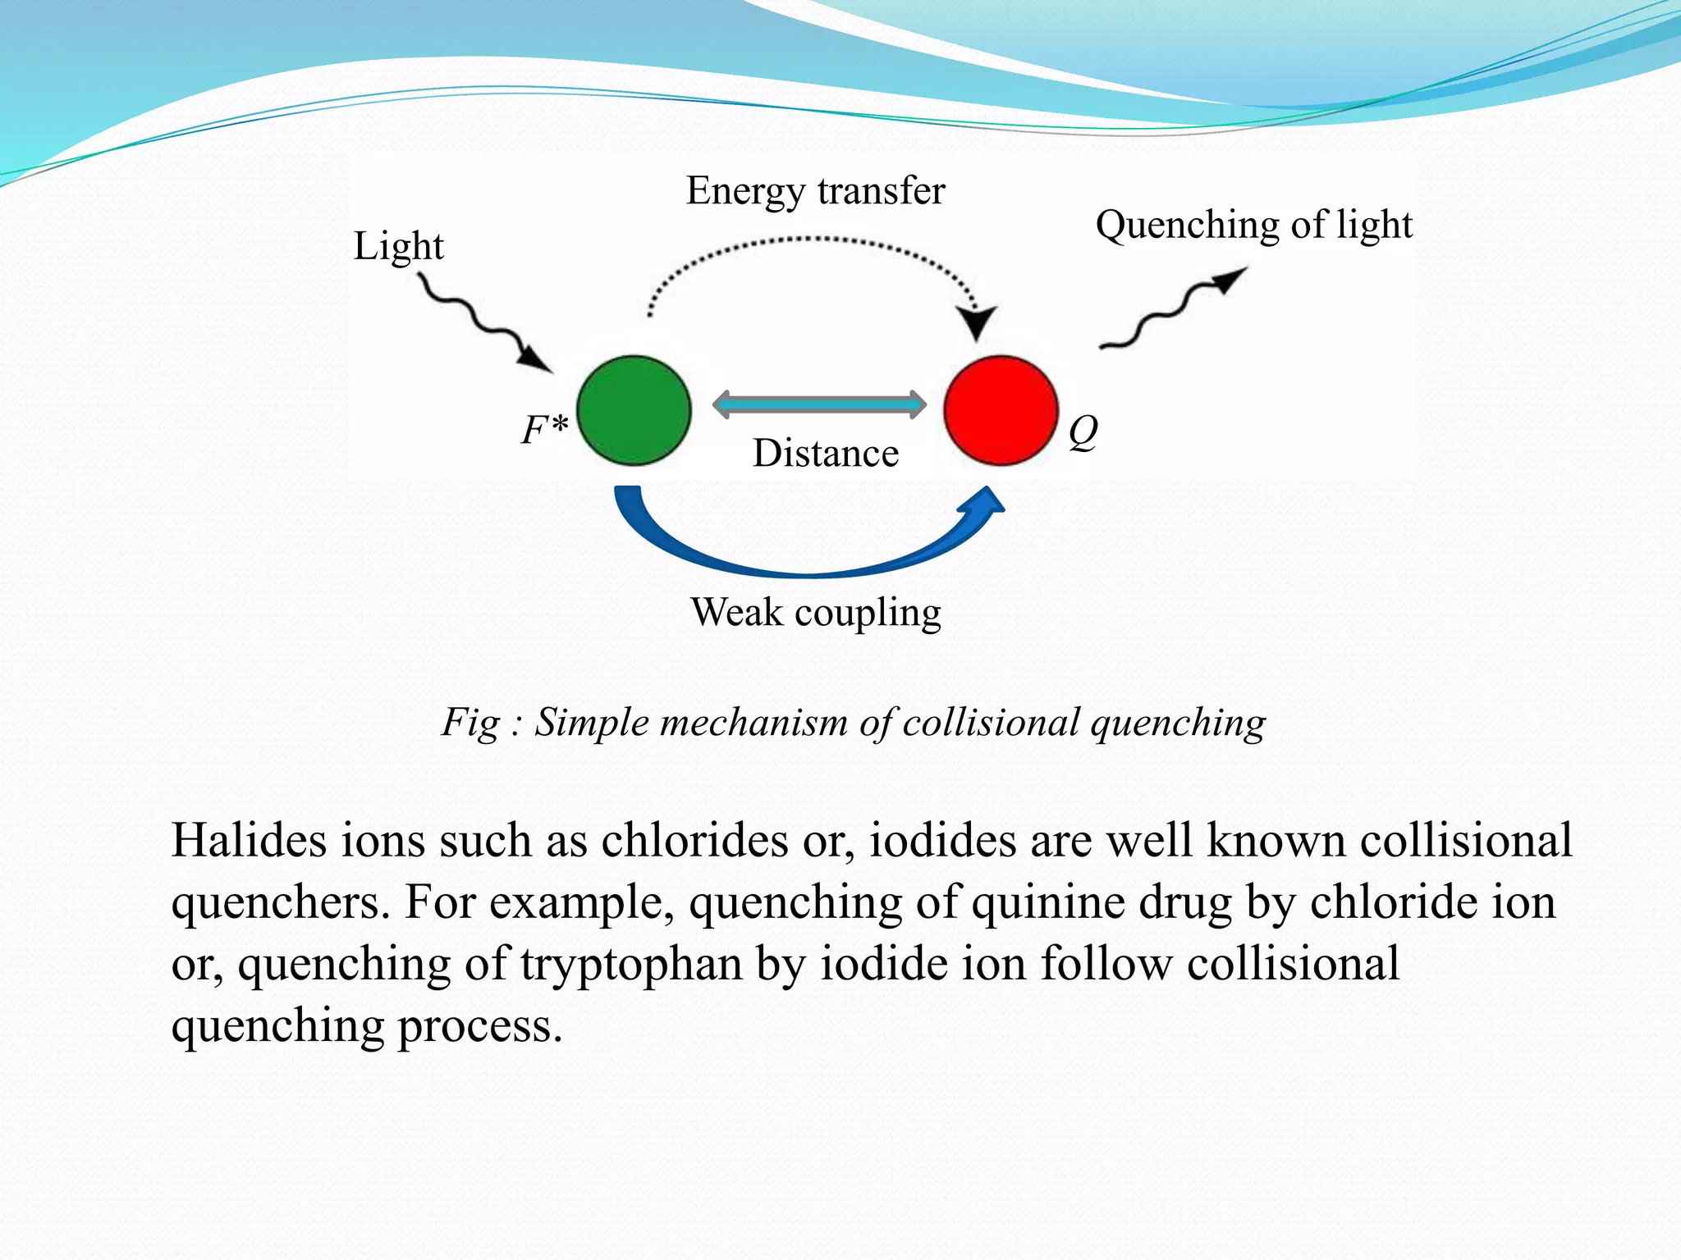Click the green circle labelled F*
pyautogui.click(x=634, y=410)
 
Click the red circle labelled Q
pyautogui.click(x=1001, y=410)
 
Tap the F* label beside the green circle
pyautogui.click(x=544, y=428)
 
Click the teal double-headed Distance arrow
pyautogui.click(x=819, y=404)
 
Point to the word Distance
pyautogui.click(x=826, y=454)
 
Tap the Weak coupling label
pyautogui.click(x=816, y=612)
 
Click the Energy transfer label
pyautogui.click(x=816, y=191)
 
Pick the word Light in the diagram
pyautogui.click(x=398, y=246)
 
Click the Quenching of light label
pyautogui.click(x=1254, y=225)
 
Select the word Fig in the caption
pyautogui.click(x=470, y=723)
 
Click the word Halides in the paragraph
pyautogui.click(x=249, y=841)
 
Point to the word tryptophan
pyautogui.click(x=631, y=964)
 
